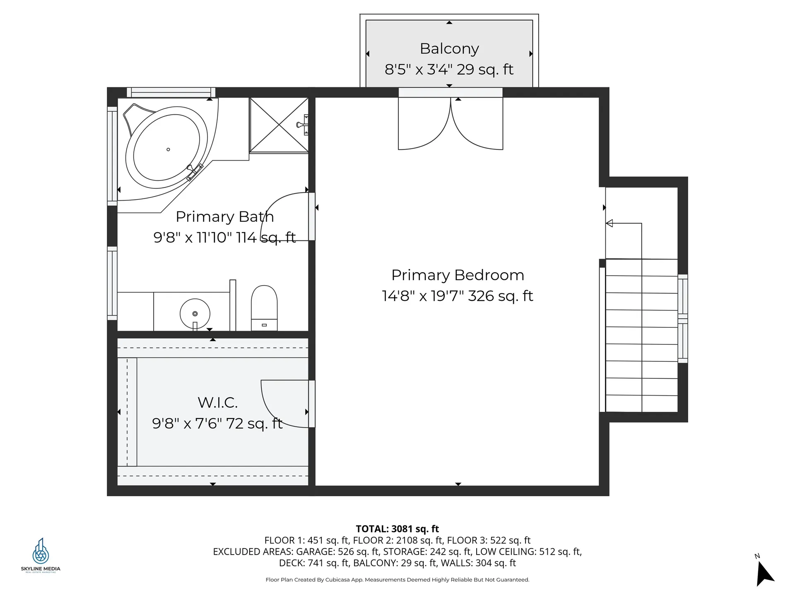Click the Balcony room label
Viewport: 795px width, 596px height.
click(x=449, y=49)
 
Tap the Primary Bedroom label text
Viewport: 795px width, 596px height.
click(x=458, y=275)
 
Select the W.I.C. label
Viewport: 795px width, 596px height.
click(x=217, y=402)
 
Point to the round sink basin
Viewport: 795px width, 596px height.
click(x=195, y=314)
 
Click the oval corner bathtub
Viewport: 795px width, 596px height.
click(x=167, y=147)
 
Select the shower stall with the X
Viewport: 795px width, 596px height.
click(x=279, y=125)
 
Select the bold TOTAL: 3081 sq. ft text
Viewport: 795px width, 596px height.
click(x=397, y=529)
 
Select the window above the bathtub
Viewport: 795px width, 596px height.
click(x=171, y=92)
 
